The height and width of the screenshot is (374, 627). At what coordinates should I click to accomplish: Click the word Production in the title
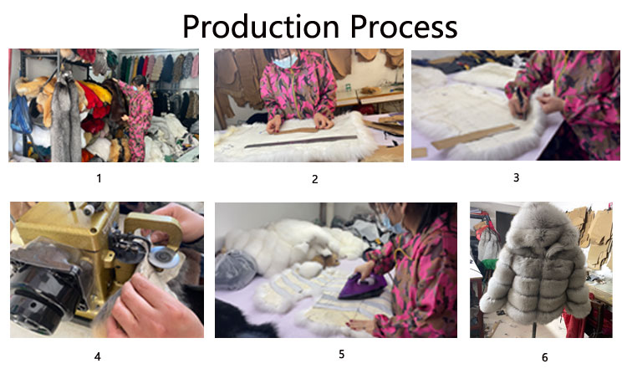261,27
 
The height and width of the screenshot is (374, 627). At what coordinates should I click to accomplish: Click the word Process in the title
404,27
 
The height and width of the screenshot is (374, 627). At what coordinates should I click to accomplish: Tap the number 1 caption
99,178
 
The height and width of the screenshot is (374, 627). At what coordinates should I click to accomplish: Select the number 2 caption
314,179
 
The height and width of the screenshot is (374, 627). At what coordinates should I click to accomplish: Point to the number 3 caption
517,177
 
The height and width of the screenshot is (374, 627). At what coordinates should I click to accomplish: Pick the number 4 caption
97,356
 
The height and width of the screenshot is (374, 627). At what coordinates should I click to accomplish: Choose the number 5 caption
341,354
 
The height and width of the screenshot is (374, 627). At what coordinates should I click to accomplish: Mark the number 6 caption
544,357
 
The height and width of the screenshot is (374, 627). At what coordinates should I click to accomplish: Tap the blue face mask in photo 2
286,61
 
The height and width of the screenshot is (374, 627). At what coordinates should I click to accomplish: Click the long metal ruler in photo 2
300,141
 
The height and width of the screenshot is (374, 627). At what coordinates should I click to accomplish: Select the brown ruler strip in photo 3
475,136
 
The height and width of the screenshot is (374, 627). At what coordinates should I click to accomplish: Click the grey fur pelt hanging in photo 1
66,120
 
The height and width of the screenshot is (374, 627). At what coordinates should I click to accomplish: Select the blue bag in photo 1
21,115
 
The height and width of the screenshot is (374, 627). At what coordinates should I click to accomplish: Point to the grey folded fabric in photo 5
236,269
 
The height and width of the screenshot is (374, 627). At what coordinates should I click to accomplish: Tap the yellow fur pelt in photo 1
98,91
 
